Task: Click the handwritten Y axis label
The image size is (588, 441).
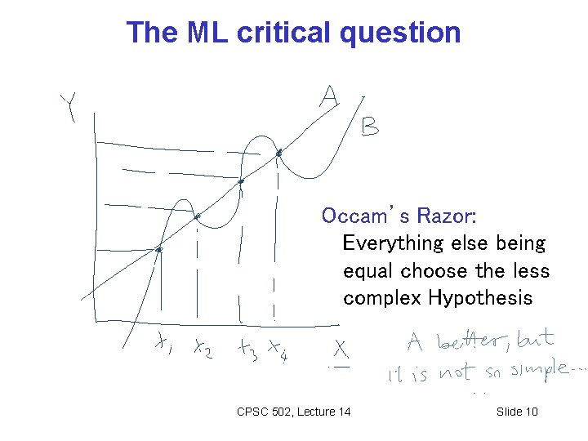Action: pos(69,107)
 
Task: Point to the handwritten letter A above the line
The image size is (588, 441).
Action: pos(328,97)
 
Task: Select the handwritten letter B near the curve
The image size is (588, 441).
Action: pos(370,127)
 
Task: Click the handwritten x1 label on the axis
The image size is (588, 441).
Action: pos(163,346)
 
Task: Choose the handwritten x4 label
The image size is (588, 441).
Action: pos(278,351)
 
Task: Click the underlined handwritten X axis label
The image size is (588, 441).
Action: pos(341,352)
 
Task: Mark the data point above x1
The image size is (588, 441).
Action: pos(160,249)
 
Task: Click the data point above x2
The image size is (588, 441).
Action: pos(198,216)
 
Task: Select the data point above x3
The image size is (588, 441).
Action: pos(241,181)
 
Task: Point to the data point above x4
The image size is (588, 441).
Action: pos(278,153)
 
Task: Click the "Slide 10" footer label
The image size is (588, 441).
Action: pos(517,412)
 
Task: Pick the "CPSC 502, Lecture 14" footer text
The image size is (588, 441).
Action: pos(293,412)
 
